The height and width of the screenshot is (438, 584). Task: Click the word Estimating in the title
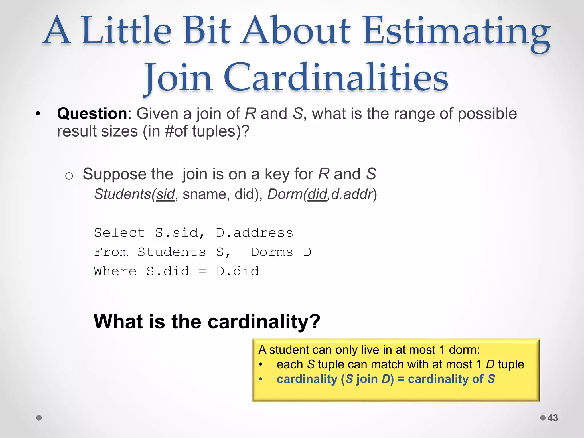(456, 31)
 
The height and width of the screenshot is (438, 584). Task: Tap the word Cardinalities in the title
(336, 78)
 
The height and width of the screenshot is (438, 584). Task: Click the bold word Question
(92, 113)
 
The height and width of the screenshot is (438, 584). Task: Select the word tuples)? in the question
(221, 131)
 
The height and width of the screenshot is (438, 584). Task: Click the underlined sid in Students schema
(165, 194)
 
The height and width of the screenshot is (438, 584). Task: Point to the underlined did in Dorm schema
(317, 194)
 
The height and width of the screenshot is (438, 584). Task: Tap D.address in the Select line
(254, 233)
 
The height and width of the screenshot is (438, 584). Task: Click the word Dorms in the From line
(272, 252)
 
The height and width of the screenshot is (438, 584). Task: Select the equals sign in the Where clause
(202, 271)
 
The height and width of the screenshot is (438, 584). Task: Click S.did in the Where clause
(168, 271)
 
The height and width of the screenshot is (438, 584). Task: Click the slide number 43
(553, 418)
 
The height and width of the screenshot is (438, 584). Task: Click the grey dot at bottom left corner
(39, 418)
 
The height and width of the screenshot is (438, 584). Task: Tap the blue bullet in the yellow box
(260, 379)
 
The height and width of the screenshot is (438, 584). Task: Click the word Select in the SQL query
(119, 233)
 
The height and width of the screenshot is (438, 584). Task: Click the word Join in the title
(178, 78)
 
